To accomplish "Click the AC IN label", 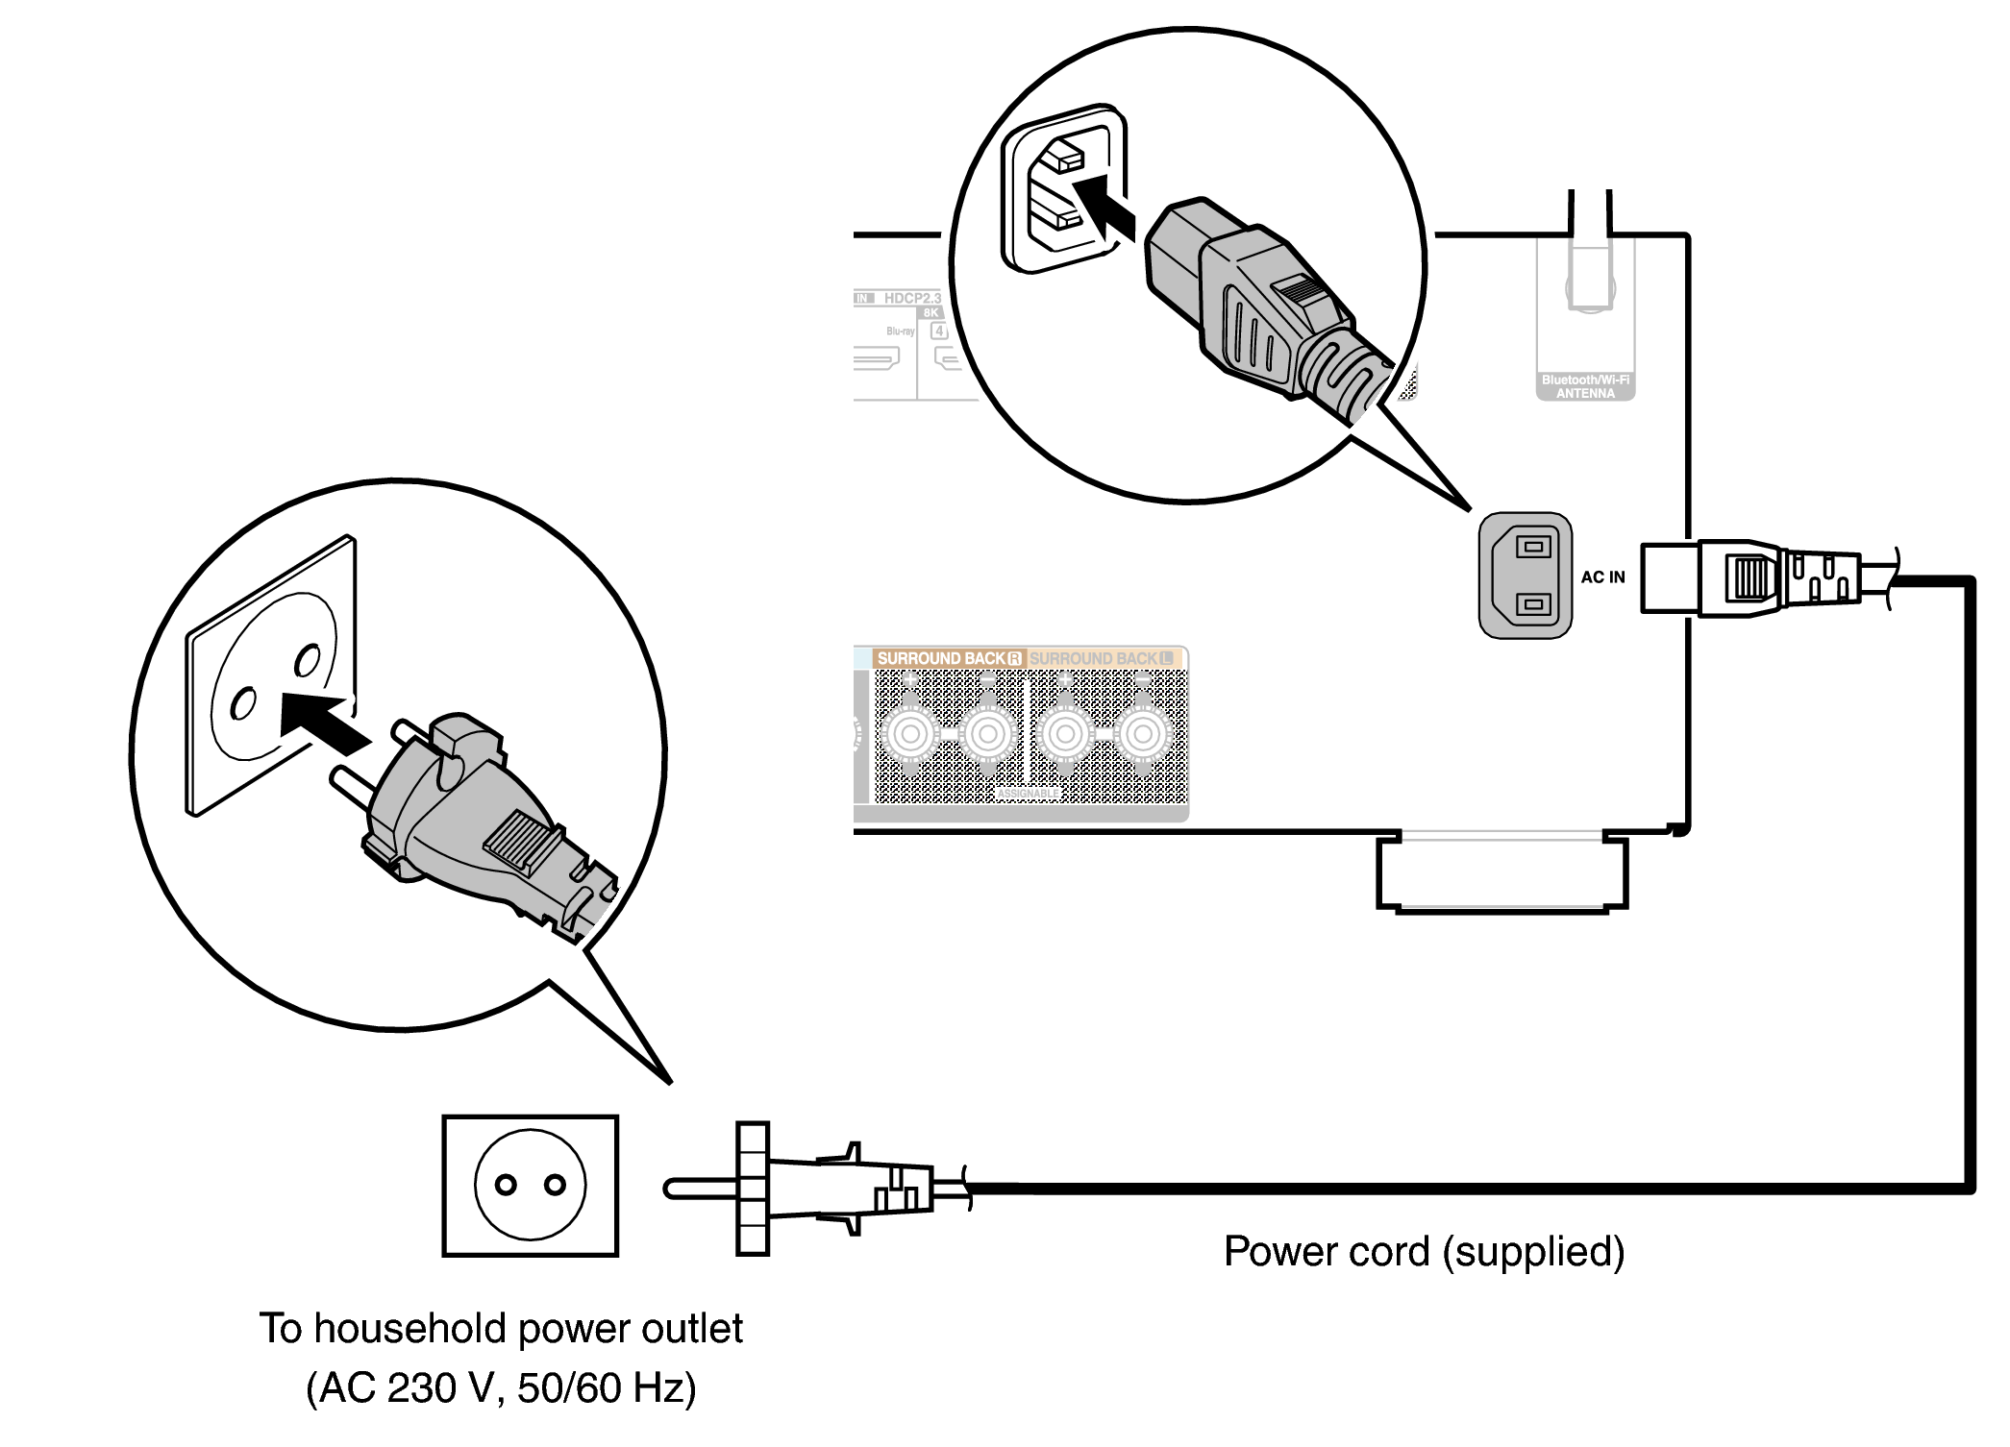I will tap(1602, 577).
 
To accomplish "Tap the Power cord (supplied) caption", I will tap(1424, 1252).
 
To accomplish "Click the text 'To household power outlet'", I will tap(501, 1329).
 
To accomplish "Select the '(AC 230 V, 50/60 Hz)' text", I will tap(501, 1388).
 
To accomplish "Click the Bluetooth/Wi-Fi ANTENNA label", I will tap(1585, 387).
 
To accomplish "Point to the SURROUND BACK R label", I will tap(948, 658).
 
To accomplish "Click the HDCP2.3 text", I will tap(912, 299).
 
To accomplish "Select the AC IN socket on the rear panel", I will tap(1525, 576).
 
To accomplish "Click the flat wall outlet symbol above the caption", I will tap(530, 1186).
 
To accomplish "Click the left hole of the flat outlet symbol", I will tap(506, 1186).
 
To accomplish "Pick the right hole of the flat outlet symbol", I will tap(555, 1186).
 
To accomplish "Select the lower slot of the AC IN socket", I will tap(1533, 605).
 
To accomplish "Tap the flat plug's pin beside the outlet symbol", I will tap(699, 1189).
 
